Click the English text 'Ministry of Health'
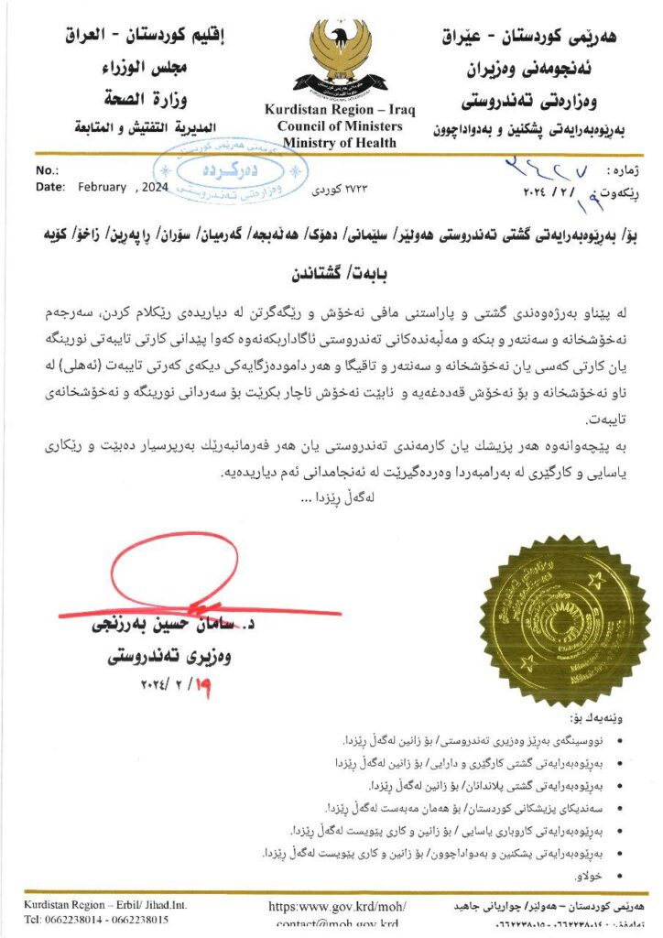[340, 142]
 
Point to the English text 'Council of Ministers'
[340, 126]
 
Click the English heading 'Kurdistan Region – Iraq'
[340, 110]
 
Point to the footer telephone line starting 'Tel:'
[96, 920]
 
